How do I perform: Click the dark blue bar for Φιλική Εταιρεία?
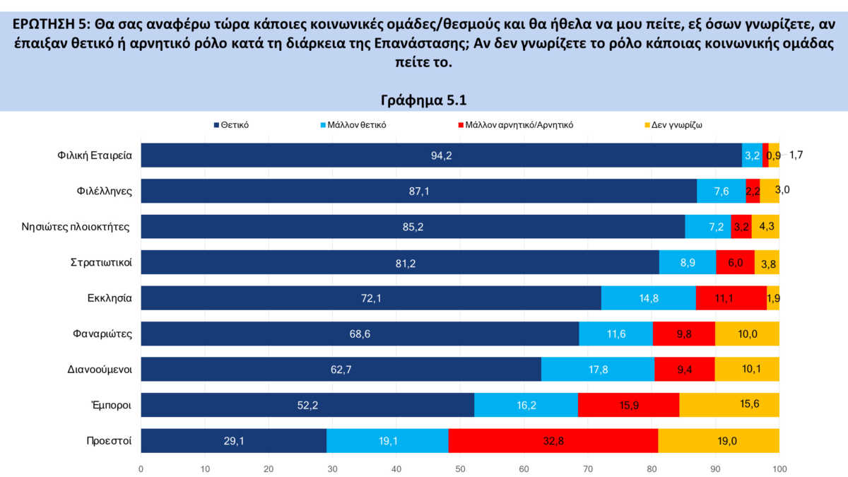tap(441, 155)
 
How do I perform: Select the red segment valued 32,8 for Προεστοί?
tap(553, 440)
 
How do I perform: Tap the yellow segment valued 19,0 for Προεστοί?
tap(718, 440)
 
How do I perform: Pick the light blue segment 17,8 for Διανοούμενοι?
tap(598, 369)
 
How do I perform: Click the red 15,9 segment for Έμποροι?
tap(628, 405)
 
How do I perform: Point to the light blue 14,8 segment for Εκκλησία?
tap(648, 298)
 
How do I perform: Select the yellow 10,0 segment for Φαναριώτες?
tap(747, 334)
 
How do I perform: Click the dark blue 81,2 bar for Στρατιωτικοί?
tap(400, 262)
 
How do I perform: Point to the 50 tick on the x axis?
tap(460, 469)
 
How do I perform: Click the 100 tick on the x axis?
tap(779, 469)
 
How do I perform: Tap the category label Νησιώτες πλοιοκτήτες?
tap(95, 227)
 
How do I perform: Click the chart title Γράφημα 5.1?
tap(424, 99)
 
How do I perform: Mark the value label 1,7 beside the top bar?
tap(796, 154)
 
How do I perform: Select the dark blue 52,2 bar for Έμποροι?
tap(307, 405)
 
